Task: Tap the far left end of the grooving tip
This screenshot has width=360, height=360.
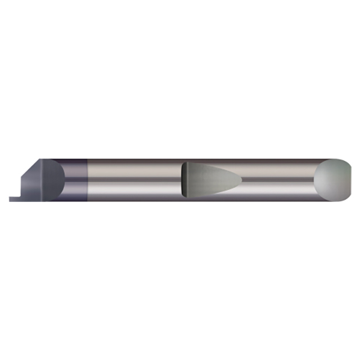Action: [x=10, y=199]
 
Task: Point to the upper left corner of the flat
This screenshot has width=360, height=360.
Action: [x=184, y=164]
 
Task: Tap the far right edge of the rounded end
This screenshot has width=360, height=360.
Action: [x=350, y=179]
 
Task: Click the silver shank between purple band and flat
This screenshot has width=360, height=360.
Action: [x=135, y=169]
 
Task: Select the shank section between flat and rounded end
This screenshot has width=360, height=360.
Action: [x=278, y=169]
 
